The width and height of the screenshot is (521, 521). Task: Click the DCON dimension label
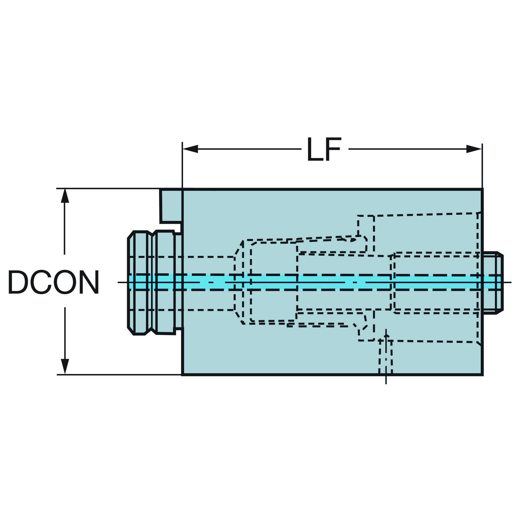tap(53, 282)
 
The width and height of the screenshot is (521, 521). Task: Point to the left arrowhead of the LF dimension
tap(190, 149)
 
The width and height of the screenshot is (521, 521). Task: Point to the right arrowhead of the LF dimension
tap(474, 149)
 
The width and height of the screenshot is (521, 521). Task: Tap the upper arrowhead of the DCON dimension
tap(65, 196)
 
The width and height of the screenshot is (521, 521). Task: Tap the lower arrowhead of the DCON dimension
tap(65, 367)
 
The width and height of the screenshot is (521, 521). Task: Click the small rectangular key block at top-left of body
tap(171, 206)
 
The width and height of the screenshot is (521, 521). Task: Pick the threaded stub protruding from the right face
tap(493, 282)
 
